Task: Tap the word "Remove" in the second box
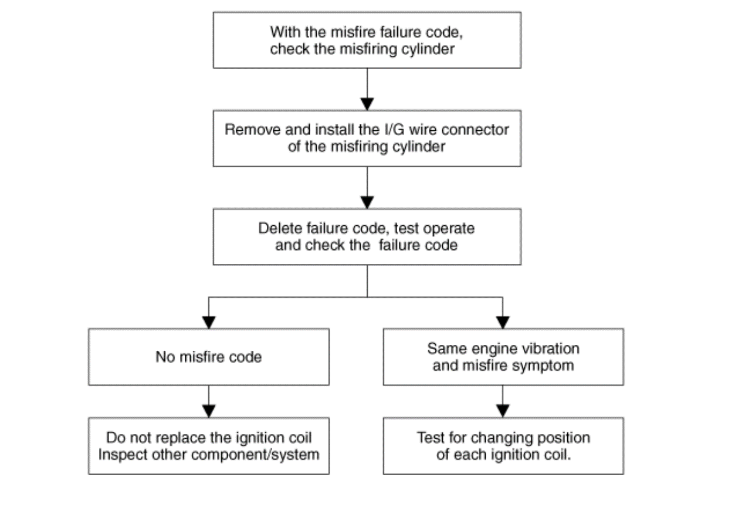[252, 130]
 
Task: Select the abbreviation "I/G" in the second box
[394, 130]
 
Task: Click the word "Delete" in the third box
[280, 228]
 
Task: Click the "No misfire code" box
[209, 357]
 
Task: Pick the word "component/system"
[255, 455]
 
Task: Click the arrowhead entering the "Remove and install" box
[367, 104]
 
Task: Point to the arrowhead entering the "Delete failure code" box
[367, 202]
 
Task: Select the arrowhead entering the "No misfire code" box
[209, 323]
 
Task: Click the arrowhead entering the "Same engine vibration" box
[503, 323]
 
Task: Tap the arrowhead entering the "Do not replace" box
[209, 411]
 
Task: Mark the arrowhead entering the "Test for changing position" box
[503, 411]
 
